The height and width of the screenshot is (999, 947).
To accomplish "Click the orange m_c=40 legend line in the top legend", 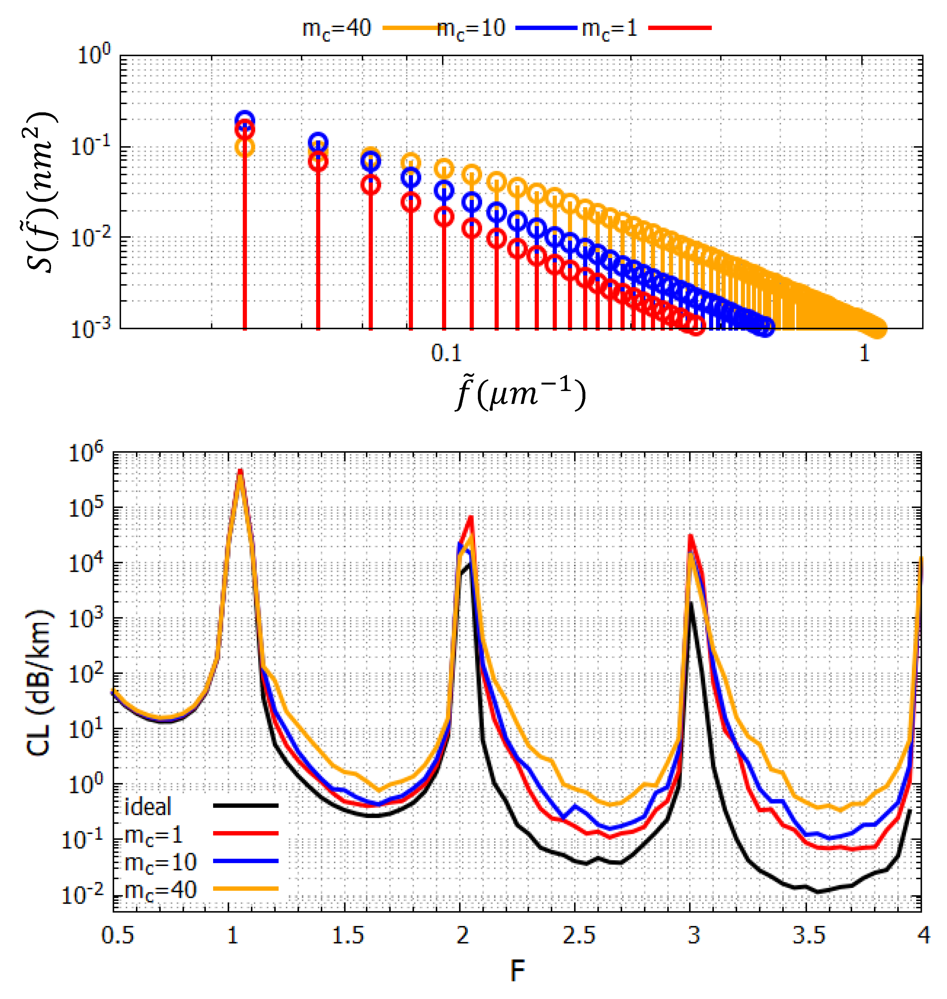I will click(x=409, y=28).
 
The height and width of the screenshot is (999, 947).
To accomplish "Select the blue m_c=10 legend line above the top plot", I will click(x=546, y=28).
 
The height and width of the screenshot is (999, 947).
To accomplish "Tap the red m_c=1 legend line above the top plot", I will click(x=680, y=28).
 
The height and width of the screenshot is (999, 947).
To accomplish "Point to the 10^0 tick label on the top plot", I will click(x=94, y=55).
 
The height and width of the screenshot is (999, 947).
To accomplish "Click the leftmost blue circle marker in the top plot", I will click(x=245, y=120).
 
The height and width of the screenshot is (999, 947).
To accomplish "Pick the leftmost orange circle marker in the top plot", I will click(x=245, y=148).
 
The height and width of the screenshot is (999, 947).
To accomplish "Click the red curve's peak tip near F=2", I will click(x=471, y=516).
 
